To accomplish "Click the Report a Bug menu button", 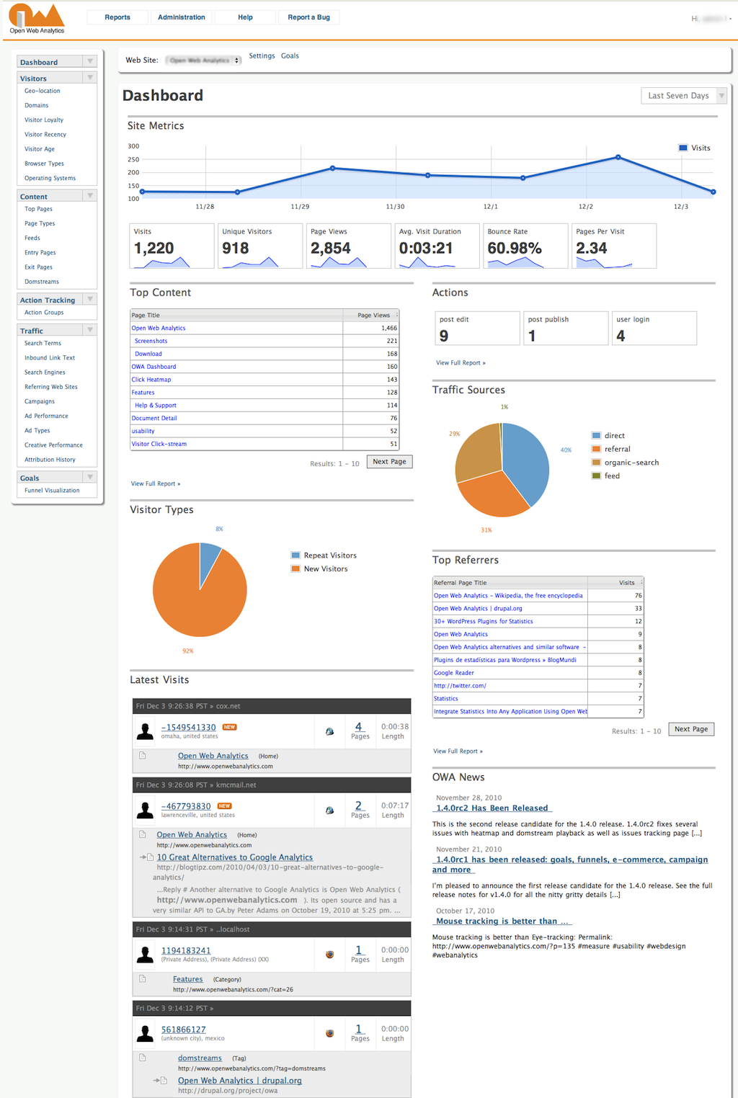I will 308,17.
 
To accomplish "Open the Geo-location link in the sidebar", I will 42,91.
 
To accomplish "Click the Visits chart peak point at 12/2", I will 618,157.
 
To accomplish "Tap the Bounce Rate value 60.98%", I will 515,249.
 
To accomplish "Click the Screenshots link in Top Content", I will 151,341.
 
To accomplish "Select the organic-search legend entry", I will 631,463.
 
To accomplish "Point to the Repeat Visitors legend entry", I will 329,555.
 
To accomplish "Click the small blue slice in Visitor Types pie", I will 209,558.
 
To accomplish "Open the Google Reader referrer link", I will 454,673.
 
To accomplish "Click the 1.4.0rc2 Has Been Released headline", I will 492,808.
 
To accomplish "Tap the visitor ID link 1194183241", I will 186,951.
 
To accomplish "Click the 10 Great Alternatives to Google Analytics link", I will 235,857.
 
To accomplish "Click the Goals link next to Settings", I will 290,55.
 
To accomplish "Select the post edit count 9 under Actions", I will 444,336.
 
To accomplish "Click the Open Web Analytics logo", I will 37,18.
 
